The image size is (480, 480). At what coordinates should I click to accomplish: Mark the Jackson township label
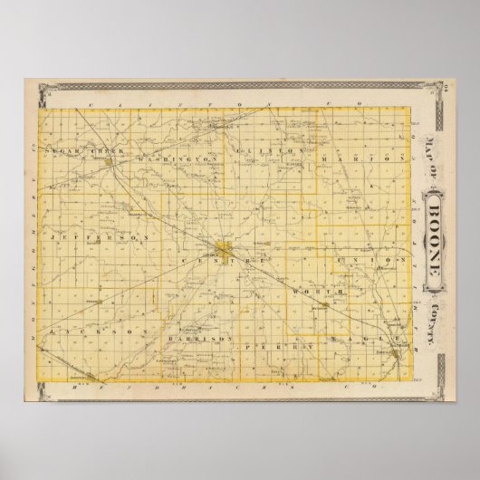tap(89, 331)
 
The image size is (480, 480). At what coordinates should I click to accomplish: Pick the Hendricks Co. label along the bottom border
tap(240, 386)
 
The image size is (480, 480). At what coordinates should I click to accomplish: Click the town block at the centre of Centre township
tap(224, 247)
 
